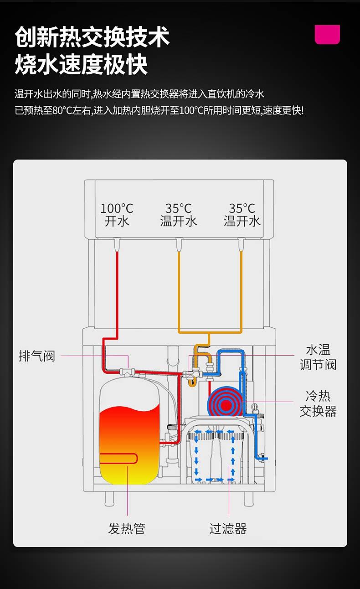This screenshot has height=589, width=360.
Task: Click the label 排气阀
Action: click(x=37, y=356)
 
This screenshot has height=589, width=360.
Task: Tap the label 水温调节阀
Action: click(x=318, y=357)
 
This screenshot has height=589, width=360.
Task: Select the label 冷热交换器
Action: click(x=318, y=403)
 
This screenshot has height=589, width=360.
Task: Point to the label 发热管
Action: click(x=127, y=528)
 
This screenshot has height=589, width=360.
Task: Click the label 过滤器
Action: click(x=228, y=528)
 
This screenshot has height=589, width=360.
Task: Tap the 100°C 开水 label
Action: click(x=117, y=215)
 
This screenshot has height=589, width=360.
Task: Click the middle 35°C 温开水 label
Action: click(x=179, y=215)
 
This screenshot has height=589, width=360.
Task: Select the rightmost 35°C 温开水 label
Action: click(x=242, y=215)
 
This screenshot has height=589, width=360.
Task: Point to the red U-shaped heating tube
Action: click(x=118, y=458)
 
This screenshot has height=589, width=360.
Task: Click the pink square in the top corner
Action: click(x=327, y=34)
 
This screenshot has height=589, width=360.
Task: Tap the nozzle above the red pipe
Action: click(x=117, y=244)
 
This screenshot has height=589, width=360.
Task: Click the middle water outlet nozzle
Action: click(x=179, y=244)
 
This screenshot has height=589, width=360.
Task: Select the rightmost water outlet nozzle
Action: click(x=242, y=244)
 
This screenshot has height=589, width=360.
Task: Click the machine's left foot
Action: click(x=109, y=499)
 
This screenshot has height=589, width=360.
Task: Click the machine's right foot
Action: click(x=248, y=499)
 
